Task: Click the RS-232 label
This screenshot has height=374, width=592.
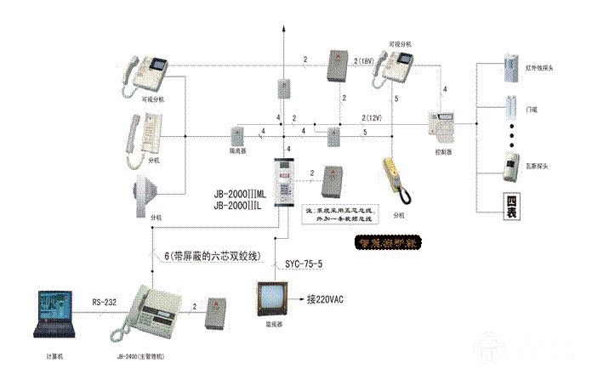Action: click(105, 300)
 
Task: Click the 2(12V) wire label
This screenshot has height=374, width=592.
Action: click(372, 116)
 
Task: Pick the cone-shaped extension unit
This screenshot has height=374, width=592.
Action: click(144, 193)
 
